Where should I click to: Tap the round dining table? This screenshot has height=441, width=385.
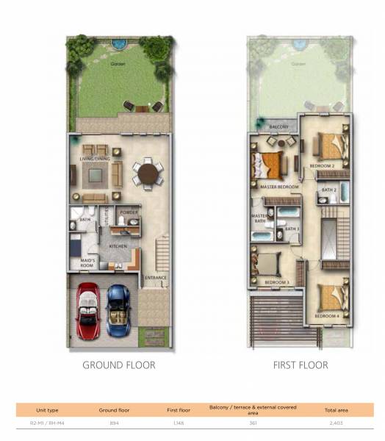tap(148, 175)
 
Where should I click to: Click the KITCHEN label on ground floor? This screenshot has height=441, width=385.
tap(118, 245)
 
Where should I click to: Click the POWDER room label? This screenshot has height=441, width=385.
tap(129, 213)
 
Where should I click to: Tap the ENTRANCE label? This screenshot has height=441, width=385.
tap(155, 277)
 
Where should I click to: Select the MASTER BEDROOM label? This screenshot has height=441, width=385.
tap(280, 187)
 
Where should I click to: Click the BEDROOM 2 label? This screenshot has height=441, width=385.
tap(322, 166)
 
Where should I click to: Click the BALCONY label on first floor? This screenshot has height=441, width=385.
tap(278, 127)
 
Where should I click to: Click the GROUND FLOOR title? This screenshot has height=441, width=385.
tap(118, 365)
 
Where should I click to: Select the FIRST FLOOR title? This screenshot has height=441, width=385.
tap(301, 365)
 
